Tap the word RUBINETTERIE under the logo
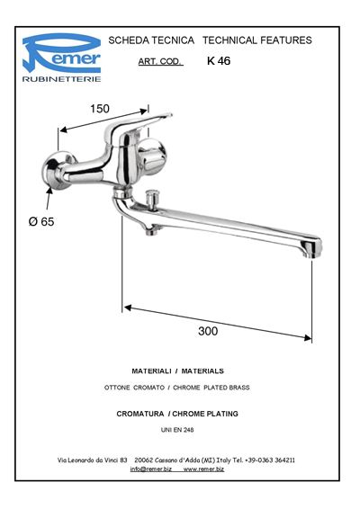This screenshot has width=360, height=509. tap(61, 79)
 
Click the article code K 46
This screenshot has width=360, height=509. tap(219, 61)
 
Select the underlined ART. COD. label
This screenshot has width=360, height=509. tap(160, 61)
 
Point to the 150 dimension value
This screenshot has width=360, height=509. tap(100, 109)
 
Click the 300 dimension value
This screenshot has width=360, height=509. tap(208, 331)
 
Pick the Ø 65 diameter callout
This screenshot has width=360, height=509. tap(41, 222)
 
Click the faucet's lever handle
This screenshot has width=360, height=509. tap(138, 126)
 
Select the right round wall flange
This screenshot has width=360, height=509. tap(151, 156)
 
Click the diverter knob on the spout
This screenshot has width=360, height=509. tap(151, 199)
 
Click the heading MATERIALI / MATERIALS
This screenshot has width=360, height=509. tap(177, 371)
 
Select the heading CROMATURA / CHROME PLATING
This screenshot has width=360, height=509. tap(177, 414)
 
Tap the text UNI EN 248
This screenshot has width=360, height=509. tap(177, 430)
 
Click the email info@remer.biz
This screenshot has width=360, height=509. tap(151, 469)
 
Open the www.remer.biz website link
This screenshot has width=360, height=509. tap(203, 469)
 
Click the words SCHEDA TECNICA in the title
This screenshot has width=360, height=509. tap(151, 40)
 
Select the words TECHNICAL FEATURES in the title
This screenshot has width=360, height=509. tap(257, 40)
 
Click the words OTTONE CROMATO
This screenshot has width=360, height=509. tap(134, 388)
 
